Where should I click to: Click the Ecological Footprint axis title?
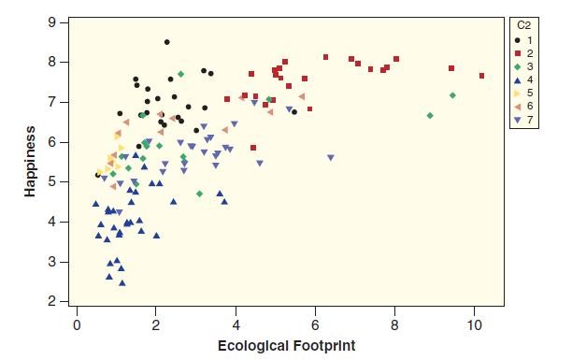click(x=286, y=346)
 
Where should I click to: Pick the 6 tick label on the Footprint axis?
click(x=316, y=324)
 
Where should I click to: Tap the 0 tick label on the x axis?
click(x=77, y=324)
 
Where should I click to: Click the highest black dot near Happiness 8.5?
click(x=166, y=42)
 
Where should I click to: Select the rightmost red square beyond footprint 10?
click(x=481, y=76)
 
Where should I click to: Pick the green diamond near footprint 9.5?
click(x=452, y=95)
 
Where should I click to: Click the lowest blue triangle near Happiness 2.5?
click(x=122, y=282)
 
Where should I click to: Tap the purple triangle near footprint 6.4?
click(x=331, y=158)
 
